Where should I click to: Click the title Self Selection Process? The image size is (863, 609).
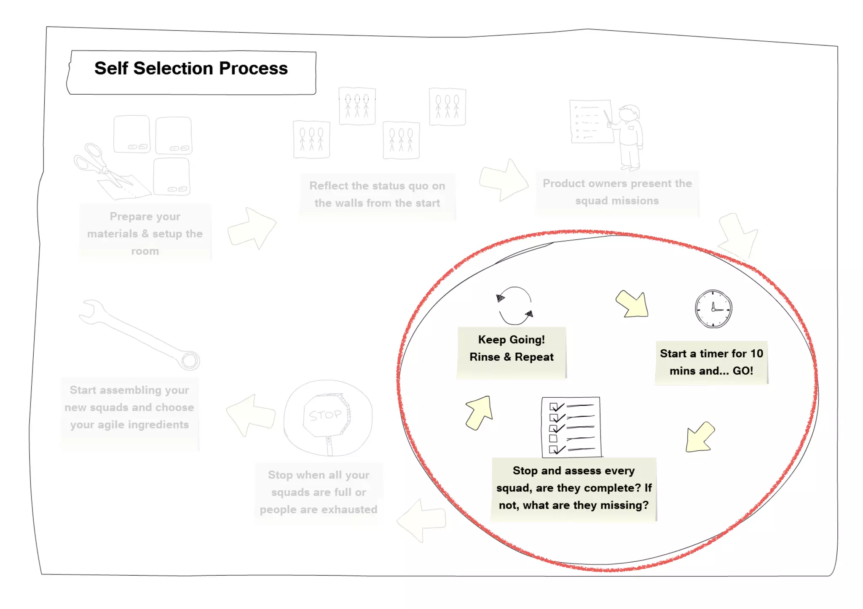click(x=191, y=69)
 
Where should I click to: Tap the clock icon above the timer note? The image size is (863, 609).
click(x=713, y=309)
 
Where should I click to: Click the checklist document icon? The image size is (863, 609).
click(x=571, y=427)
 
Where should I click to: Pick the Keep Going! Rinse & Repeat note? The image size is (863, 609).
click(x=512, y=348)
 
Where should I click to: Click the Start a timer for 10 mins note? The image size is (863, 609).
click(x=711, y=362)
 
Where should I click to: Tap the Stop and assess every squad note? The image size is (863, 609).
click(x=574, y=488)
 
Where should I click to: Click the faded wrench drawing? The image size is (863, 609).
click(x=139, y=335)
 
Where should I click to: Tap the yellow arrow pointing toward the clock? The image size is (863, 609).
click(x=633, y=304)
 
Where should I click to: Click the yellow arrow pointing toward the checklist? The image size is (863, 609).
click(x=700, y=438)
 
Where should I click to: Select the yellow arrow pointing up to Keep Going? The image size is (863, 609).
click(x=480, y=412)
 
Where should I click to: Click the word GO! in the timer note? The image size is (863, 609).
click(x=743, y=371)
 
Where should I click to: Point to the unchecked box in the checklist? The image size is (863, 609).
click(x=553, y=439)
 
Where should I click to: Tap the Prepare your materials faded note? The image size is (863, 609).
click(x=145, y=234)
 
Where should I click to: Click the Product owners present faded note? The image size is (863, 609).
click(x=617, y=192)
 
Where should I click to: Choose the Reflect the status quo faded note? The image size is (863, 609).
click(x=377, y=195)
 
